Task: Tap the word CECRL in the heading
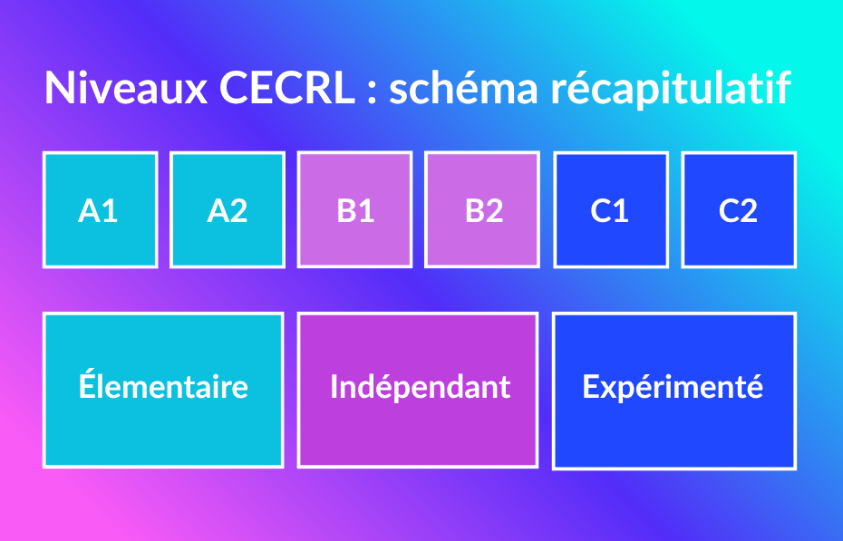pos(287,87)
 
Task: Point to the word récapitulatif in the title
pos(671,89)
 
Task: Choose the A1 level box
pos(100,209)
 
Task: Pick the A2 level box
pos(228,209)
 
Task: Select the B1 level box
pos(354,209)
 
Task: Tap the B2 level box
pos(482,209)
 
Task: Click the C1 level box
pos(611,209)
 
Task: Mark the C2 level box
pos(739,209)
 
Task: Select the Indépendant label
pos(421,387)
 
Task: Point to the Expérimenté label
pos(673,387)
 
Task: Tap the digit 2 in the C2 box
pos(748,210)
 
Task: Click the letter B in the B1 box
pos(346,210)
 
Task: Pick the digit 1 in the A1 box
pos(110,210)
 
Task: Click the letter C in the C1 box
pos(601,210)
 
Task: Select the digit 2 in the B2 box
pos(493,210)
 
